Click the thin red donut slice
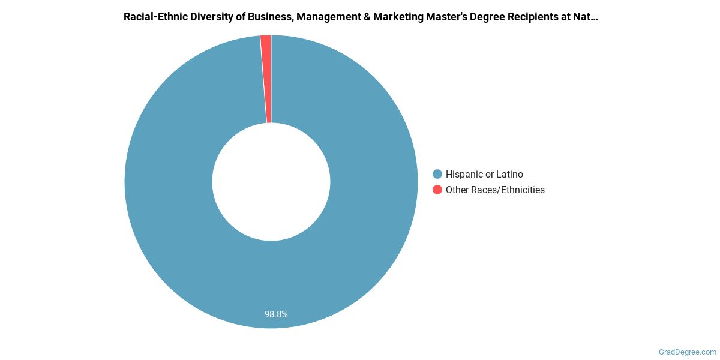point(266,78)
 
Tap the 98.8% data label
point(276,314)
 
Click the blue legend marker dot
point(437,175)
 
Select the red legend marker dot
point(437,190)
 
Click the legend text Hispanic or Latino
point(484,175)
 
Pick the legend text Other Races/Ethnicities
point(495,190)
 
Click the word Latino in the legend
point(509,175)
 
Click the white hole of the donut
point(271,181)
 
